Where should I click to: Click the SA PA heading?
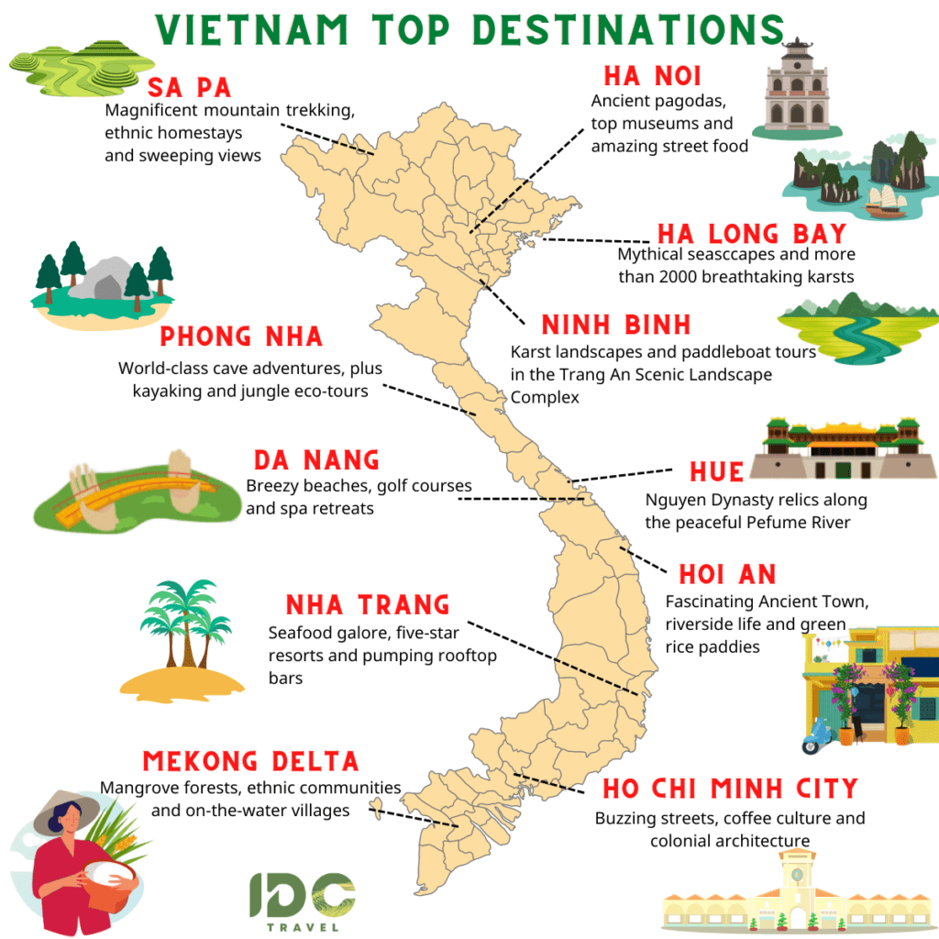[x=189, y=88]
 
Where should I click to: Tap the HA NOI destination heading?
[x=652, y=76]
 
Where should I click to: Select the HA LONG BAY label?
[x=751, y=234]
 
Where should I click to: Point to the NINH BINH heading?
[x=615, y=326]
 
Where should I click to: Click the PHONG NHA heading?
[x=241, y=337]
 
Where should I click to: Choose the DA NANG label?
[x=316, y=459]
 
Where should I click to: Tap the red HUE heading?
[x=716, y=471]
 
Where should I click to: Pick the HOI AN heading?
[x=727, y=575]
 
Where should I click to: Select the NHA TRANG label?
[x=368, y=605]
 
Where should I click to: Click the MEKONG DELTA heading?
[x=250, y=761]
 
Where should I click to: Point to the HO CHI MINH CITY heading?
[x=730, y=789]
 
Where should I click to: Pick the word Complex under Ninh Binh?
[x=546, y=397]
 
